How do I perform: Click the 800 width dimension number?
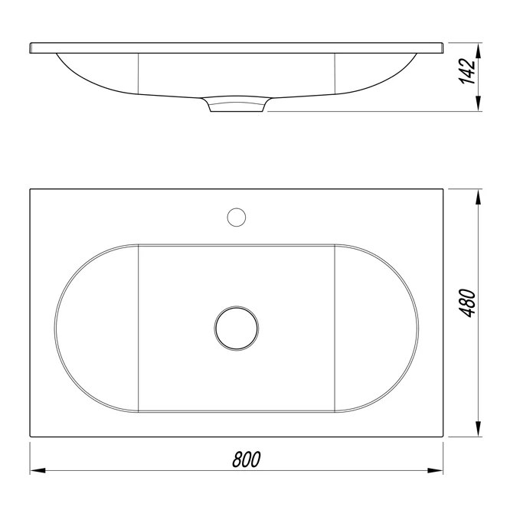click(x=247, y=459)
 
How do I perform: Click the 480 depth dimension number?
click(x=467, y=302)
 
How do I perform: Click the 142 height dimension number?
click(x=467, y=71)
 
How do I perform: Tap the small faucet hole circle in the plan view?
click(x=237, y=217)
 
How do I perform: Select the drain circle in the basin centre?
click(x=237, y=329)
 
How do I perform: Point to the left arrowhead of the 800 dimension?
click(x=38, y=470)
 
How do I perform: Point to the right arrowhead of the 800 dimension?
click(x=435, y=470)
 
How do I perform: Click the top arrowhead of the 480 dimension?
click(x=478, y=197)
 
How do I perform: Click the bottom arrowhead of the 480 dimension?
click(x=478, y=429)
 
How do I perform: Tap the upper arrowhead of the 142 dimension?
click(x=478, y=51)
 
